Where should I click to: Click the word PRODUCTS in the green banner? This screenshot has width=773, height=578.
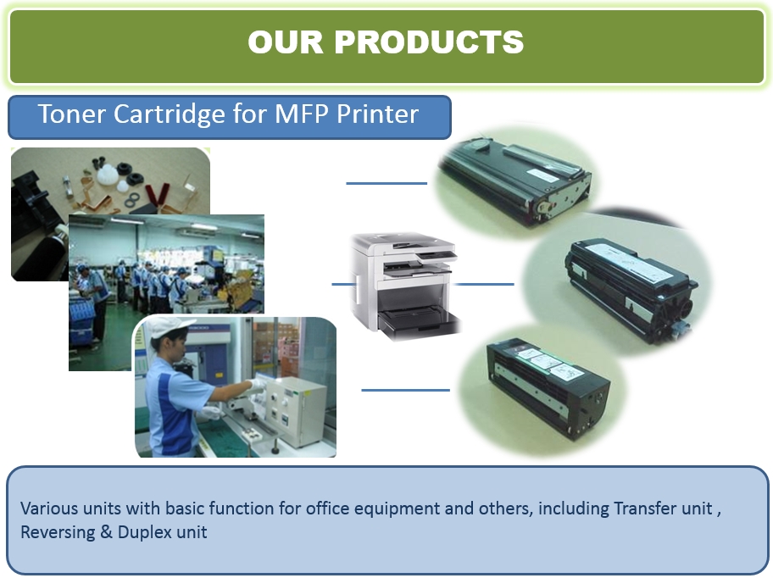(429, 42)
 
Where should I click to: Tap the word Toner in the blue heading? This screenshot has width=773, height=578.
(72, 114)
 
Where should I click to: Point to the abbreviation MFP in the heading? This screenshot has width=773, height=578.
(301, 114)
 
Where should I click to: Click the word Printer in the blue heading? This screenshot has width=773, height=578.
(378, 114)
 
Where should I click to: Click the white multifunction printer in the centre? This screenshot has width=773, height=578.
(405, 286)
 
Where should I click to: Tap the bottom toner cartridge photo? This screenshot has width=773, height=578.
(542, 389)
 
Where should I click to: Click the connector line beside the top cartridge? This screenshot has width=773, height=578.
(386, 183)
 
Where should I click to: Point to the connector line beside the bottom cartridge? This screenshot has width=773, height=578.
(405, 390)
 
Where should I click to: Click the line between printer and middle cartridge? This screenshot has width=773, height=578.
(484, 284)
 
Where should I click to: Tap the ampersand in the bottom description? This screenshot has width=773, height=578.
(107, 532)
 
